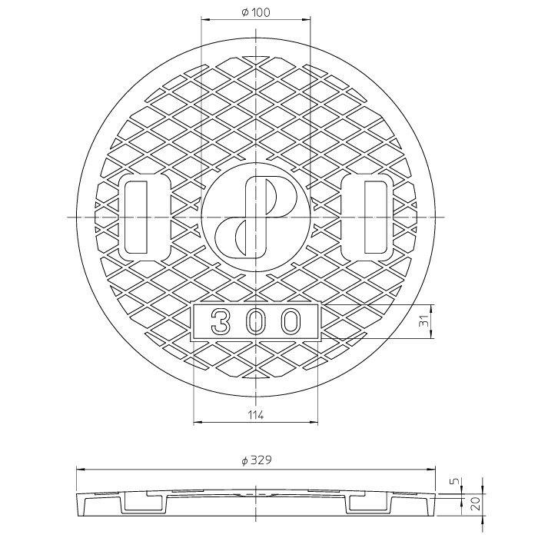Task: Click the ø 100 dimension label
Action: pos(256,13)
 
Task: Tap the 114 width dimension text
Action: pos(256,415)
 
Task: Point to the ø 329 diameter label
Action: pos(256,460)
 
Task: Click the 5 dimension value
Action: pos(455,481)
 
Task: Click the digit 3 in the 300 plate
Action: pos(220,321)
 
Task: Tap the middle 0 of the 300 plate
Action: pos(256,321)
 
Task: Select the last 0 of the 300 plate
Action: pos(291,321)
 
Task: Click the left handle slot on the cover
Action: pos(136,218)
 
